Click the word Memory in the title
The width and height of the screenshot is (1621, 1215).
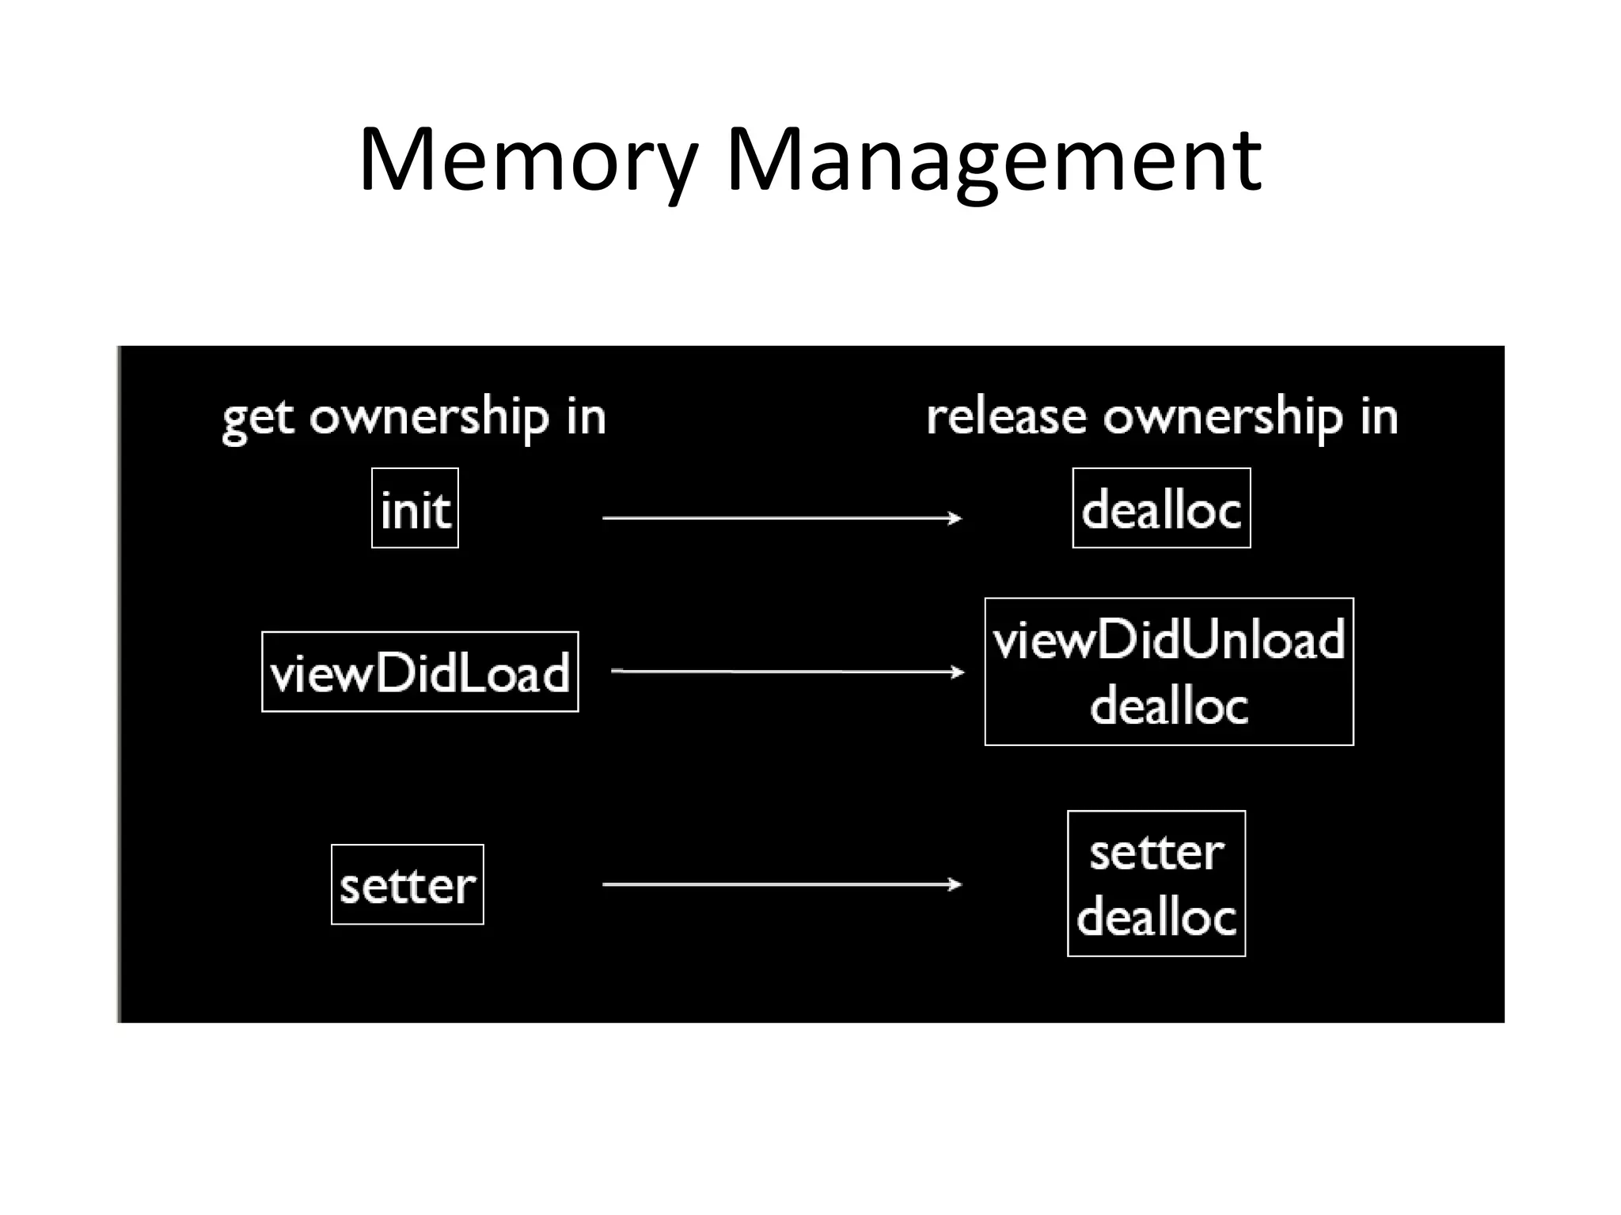point(528,162)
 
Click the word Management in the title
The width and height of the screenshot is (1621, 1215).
point(993,162)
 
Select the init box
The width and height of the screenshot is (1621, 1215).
point(415,509)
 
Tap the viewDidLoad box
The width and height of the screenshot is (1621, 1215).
point(419,672)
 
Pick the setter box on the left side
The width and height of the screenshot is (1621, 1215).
point(407,884)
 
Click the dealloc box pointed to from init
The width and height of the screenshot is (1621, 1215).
point(1161,509)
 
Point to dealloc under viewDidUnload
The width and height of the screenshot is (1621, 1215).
point(1169,705)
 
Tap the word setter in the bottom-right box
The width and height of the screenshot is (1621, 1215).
point(1156,853)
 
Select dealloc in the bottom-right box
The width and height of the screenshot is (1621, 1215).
point(1156,918)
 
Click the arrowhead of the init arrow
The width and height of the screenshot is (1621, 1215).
point(955,518)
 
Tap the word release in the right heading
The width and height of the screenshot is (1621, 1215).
point(1006,416)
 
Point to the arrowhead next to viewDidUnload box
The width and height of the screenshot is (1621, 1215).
point(959,672)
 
